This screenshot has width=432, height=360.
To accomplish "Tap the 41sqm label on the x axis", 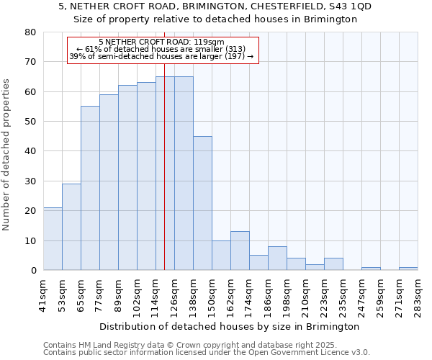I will pos(44,295).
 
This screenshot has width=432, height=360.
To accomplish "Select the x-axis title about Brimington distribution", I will pos(229,326).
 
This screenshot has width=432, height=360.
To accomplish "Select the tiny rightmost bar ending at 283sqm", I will pos(408,269).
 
